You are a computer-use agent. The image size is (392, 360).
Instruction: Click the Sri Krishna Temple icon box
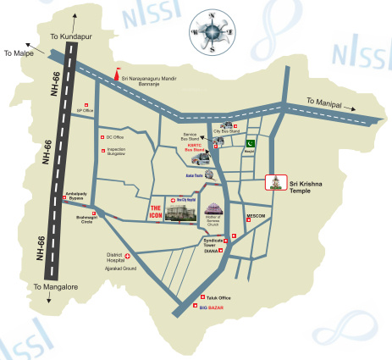pos(274,182)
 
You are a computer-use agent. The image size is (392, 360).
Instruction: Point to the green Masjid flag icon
pos(250,143)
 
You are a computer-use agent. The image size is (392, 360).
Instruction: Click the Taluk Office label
pos(218,298)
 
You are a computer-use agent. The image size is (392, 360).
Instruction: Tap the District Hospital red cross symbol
pos(128,256)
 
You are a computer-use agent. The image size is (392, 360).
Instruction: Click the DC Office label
pos(114,137)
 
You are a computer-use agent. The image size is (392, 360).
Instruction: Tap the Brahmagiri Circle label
pos(81,219)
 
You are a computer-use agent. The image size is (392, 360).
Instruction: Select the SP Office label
pos(86,110)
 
